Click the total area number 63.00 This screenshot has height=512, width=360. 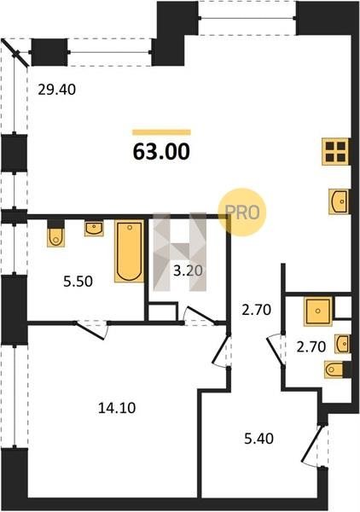coord(161,152)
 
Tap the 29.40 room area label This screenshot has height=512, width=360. coord(57,89)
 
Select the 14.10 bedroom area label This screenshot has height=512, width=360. coord(117,408)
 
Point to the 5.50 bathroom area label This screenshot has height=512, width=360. coord(78,281)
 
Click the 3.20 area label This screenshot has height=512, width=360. coord(188,271)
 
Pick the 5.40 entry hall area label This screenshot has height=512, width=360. coord(259,439)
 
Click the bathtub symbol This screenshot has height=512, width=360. coord(130,252)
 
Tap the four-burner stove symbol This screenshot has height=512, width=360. coord(335,152)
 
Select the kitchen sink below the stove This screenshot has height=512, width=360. coord(339,201)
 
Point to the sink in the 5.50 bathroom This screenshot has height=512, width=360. coord(94,228)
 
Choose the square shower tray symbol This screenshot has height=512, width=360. coord(318,311)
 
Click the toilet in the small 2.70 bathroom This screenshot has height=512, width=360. coord(334,369)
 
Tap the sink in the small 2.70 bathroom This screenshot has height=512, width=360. coord(342,344)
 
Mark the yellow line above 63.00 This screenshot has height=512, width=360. coord(161,132)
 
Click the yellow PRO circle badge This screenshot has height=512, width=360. coord(242,212)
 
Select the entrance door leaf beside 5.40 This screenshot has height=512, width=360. coord(311,443)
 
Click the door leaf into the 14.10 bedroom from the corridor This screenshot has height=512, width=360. coord(220,348)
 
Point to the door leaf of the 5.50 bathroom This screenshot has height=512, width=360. coord(90,331)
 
